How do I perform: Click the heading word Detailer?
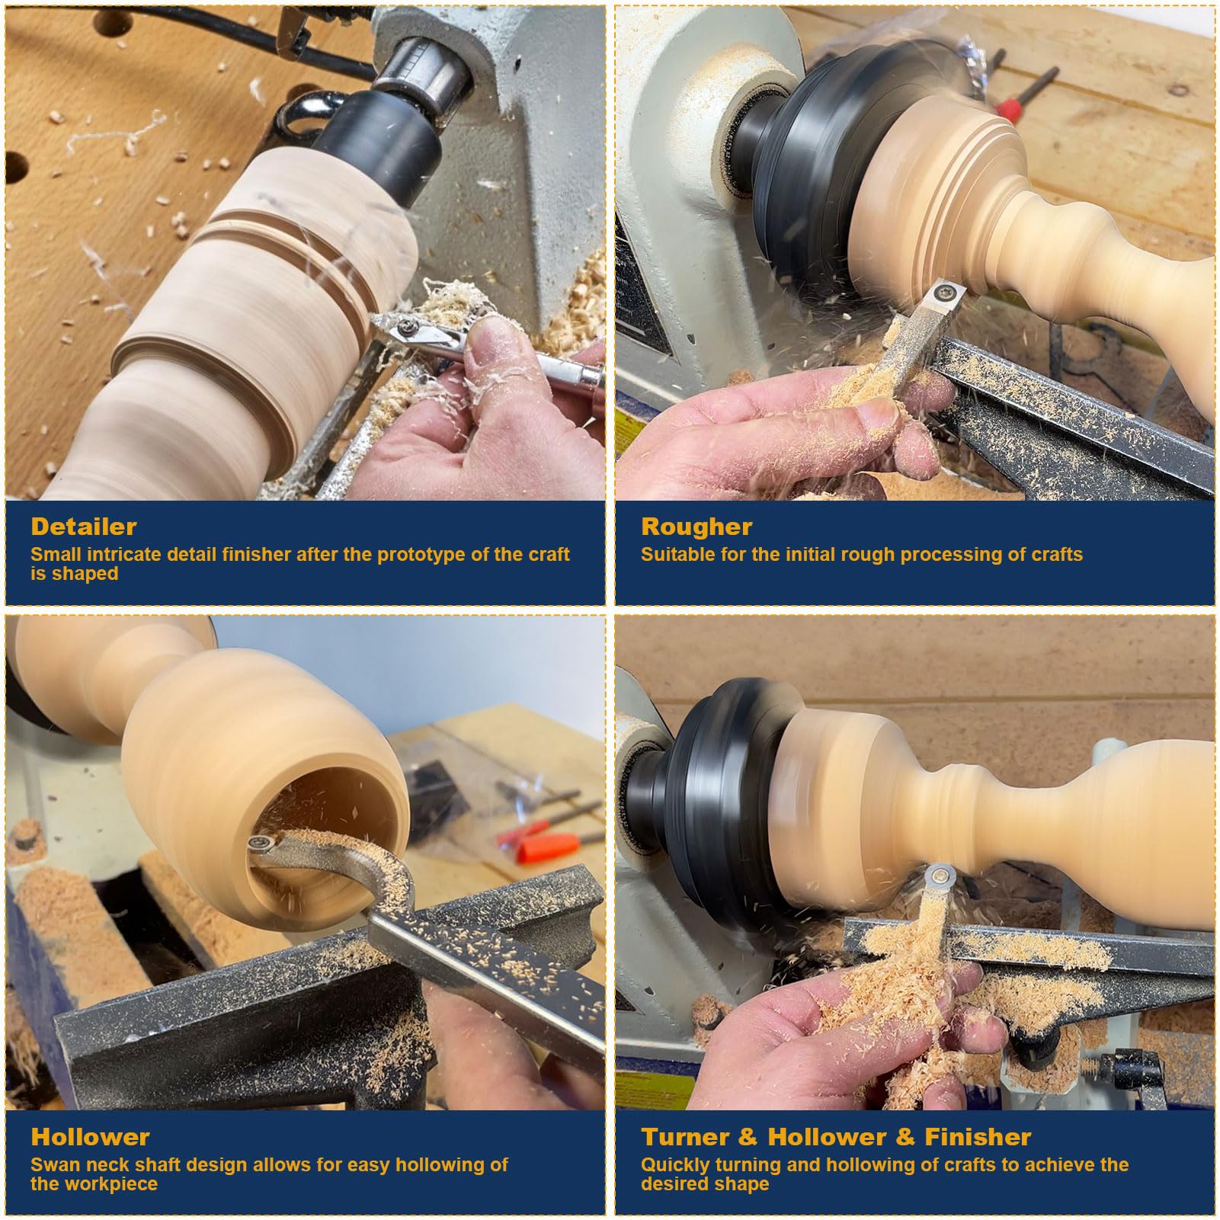[x=84, y=527]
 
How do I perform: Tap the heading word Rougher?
[x=696, y=527]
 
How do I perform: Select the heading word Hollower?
[x=90, y=1137]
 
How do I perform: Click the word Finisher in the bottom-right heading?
[x=978, y=1137]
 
